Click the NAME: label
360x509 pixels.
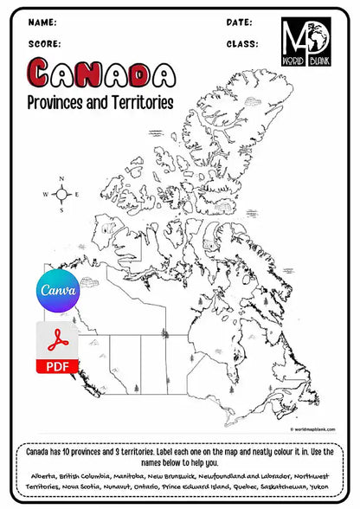coord(42,22)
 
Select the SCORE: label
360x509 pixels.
coord(44,42)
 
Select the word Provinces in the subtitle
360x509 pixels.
coord(61,102)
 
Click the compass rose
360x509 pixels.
coord(61,195)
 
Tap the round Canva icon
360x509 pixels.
coord(56,291)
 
